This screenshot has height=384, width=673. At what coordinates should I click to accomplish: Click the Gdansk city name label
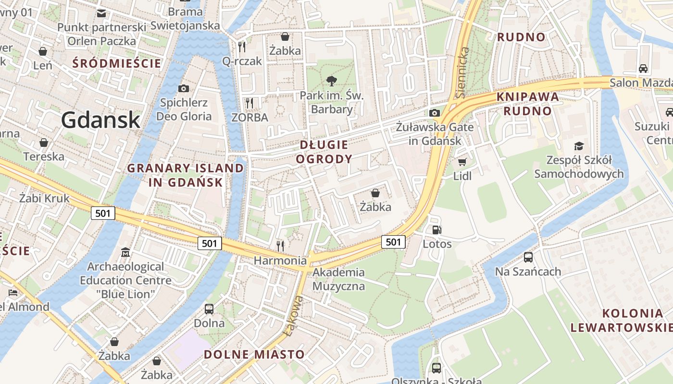[x=101, y=120]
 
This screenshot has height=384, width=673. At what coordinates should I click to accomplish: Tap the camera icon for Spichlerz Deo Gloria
[x=183, y=88]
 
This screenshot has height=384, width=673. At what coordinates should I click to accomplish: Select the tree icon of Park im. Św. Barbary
[x=331, y=81]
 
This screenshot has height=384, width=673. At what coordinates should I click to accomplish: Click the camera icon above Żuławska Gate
[x=435, y=113]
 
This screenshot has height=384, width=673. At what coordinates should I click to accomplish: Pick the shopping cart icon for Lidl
[x=462, y=162]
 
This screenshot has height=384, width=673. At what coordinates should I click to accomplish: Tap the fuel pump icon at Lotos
[x=436, y=230]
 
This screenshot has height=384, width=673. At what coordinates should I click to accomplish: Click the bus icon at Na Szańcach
[x=528, y=257]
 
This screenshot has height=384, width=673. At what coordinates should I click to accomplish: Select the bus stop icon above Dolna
[x=209, y=309]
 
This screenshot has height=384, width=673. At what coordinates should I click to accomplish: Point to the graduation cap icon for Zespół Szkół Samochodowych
[x=579, y=145]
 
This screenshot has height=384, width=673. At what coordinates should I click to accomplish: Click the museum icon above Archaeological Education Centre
[x=125, y=252]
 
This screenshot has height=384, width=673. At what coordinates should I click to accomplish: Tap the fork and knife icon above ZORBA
[x=249, y=103]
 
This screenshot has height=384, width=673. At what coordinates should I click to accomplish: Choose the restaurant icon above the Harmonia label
[x=280, y=246]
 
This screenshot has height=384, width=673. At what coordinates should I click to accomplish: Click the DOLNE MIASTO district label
[x=254, y=355]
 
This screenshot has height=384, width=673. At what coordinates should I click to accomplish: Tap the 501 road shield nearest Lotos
[x=393, y=242]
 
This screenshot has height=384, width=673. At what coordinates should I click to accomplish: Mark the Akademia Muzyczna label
[x=338, y=279]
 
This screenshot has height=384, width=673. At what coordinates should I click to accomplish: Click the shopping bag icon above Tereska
[x=44, y=143]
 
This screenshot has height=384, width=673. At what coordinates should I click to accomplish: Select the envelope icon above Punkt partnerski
[x=101, y=13]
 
